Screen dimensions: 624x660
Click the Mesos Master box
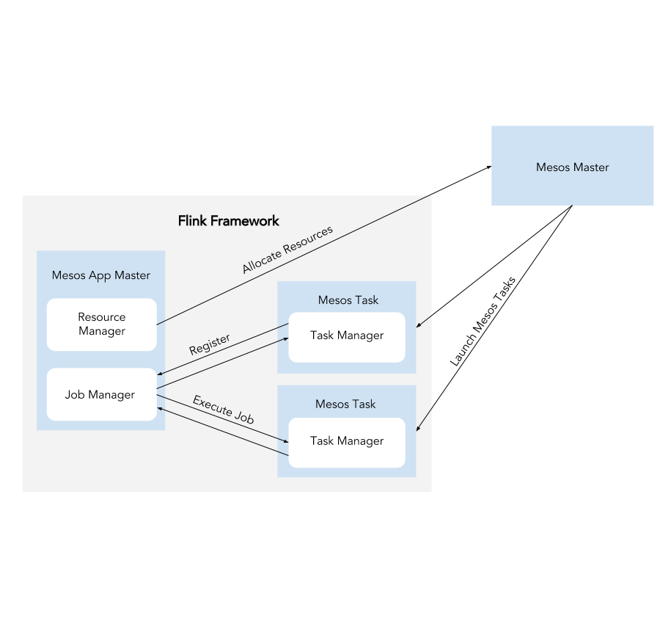pyautogui.click(x=572, y=165)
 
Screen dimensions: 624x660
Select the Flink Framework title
pyautogui.click(x=228, y=220)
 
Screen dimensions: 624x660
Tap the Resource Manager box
pyautogui.click(x=102, y=324)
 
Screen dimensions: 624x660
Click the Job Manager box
pyautogui.click(x=102, y=395)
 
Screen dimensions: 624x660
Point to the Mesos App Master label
pyautogui.click(x=100, y=275)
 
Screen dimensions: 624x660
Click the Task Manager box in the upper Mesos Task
pyautogui.click(x=347, y=337)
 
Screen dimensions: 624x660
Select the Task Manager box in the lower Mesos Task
pyautogui.click(x=347, y=442)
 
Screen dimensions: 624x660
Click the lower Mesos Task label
pyautogui.click(x=345, y=404)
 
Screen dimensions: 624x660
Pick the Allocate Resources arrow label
pyautogui.click(x=287, y=249)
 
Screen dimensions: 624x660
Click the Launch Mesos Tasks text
pyautogui.click(x=483, y=321)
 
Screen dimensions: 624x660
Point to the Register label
pyautogui.click(x=210, y=344)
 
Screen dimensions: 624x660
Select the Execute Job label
pyautogui.click(x=223, y=410)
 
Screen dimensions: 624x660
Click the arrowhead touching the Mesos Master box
pyautogui.click(x=488, y=168)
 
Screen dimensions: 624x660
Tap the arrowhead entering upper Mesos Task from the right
pyautogui.click(x=420, y=325)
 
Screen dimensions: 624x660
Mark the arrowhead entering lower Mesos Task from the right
pyautogui.click(x=420, y=430)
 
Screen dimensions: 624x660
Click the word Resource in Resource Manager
pyautogui.click(x=102, y=317)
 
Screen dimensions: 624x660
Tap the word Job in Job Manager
pyautogui.click(x=73, y=395)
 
